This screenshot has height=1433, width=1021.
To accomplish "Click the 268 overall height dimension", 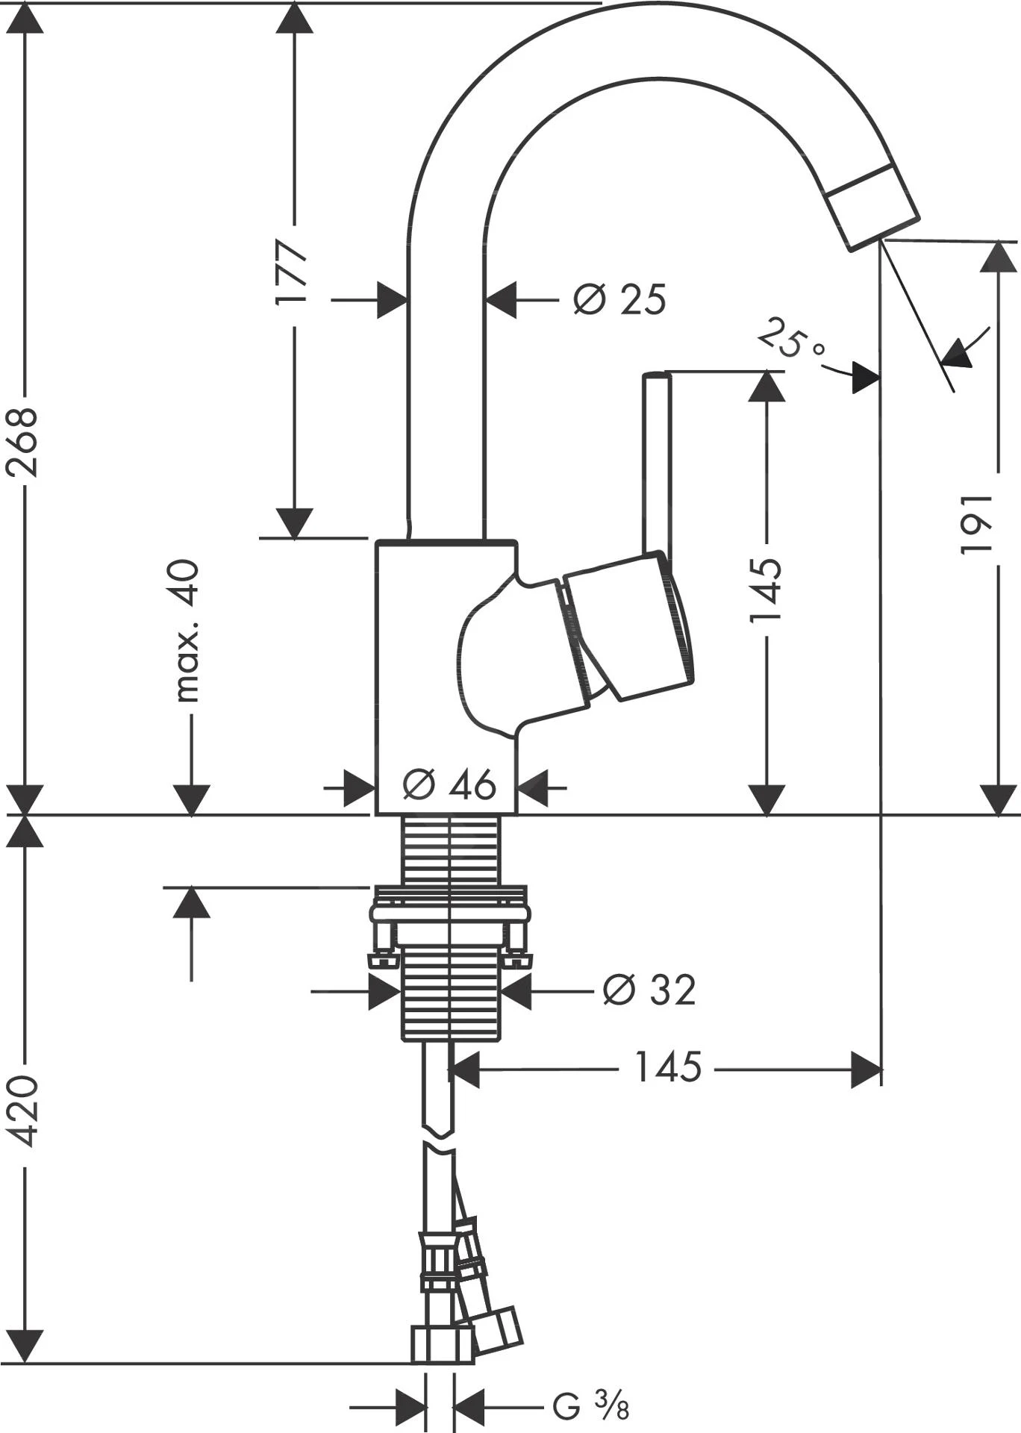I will point(23,442).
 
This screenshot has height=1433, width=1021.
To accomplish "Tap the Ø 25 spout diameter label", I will point(619,300).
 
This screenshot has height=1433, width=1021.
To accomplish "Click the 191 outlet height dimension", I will point(976,523).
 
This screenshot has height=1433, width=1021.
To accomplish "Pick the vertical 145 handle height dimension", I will point(766,590).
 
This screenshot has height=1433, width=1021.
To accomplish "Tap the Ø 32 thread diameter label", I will point(649,990).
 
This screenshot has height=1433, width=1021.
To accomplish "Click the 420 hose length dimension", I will point(23,1111).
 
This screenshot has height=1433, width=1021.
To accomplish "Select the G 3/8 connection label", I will point(590,1406).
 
